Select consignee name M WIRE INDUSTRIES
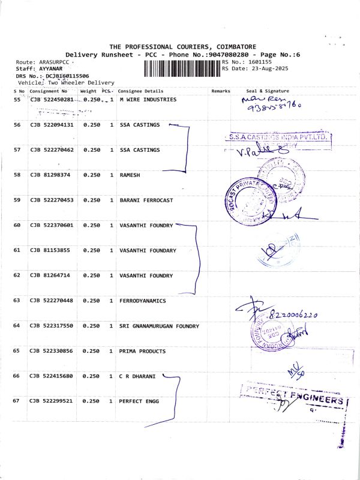click(x=148, y=100)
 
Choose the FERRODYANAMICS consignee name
click(x=143, y=301)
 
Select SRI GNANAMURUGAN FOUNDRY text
click(x=158, y=326)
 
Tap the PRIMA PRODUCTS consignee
click(x=143, y=351)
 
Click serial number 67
click(x=17, y=401)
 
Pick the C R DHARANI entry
click(x=137, y=376)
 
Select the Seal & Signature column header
click(x=268, y=91)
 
